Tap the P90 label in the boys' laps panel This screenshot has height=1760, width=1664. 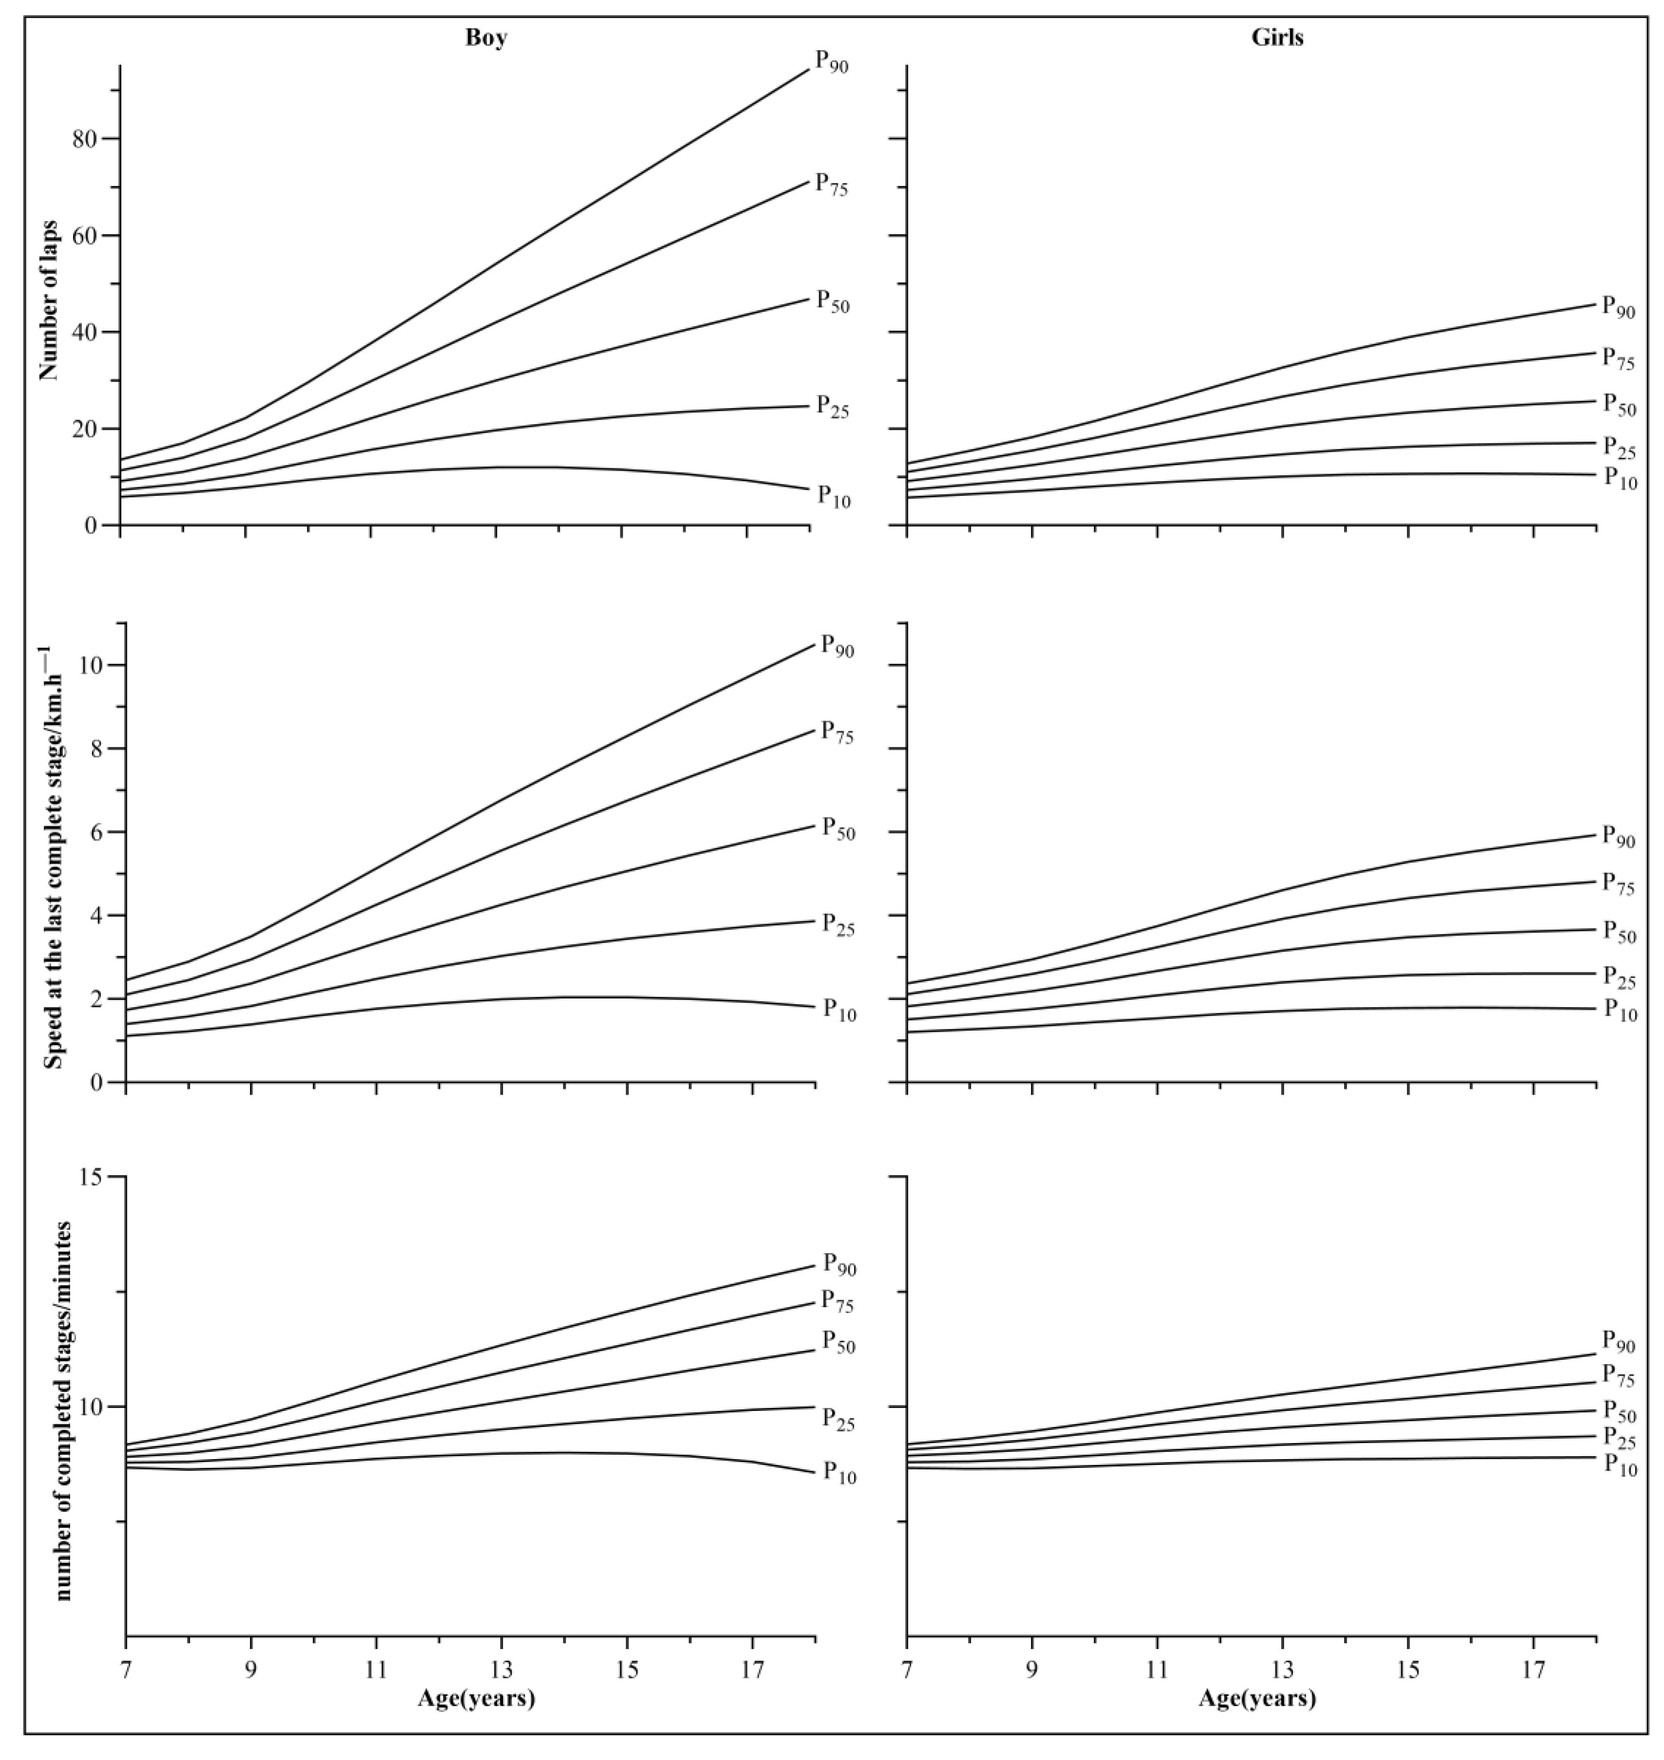(x=832, y=62)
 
